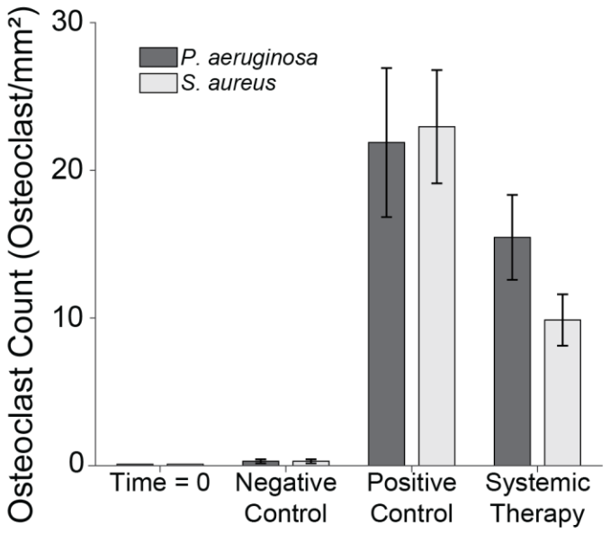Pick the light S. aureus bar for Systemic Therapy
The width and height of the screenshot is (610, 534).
[x=568, y=392]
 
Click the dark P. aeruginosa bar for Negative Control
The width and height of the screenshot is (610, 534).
[x=260, y=463]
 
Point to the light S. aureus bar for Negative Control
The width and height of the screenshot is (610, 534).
[x=310, y=463]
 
